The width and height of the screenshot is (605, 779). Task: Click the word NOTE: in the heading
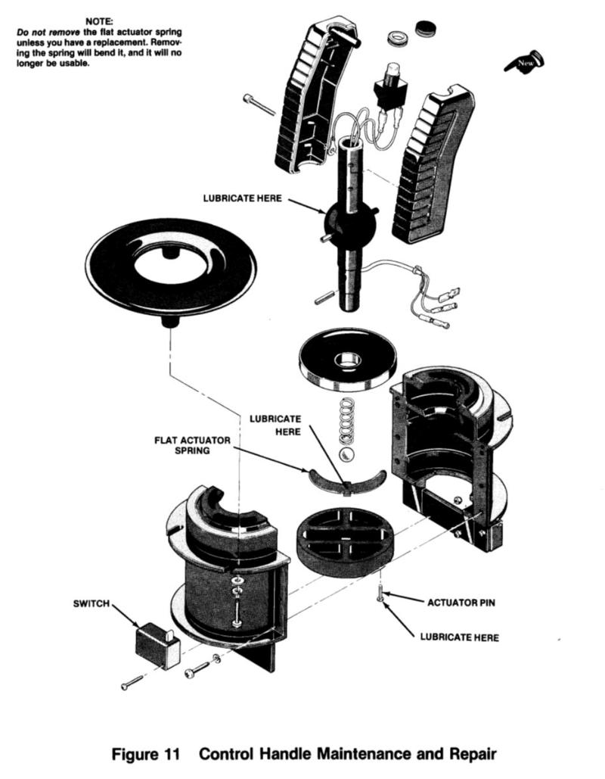tap(99, 23)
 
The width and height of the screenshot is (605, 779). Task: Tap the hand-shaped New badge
tap(525, 61)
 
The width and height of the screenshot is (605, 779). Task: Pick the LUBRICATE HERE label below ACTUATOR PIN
tap(459, 637)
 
